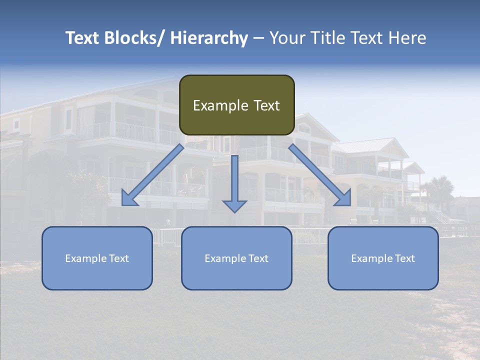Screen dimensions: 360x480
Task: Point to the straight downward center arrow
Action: click(x=235, y=180)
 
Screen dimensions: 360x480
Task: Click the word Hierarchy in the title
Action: click(x=208, y=38)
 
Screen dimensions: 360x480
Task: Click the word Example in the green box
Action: click(x=216, y=105)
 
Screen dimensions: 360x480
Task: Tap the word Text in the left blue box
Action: click(x=119, y=258)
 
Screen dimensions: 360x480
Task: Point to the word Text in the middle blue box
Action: click(x=258, y=258)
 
